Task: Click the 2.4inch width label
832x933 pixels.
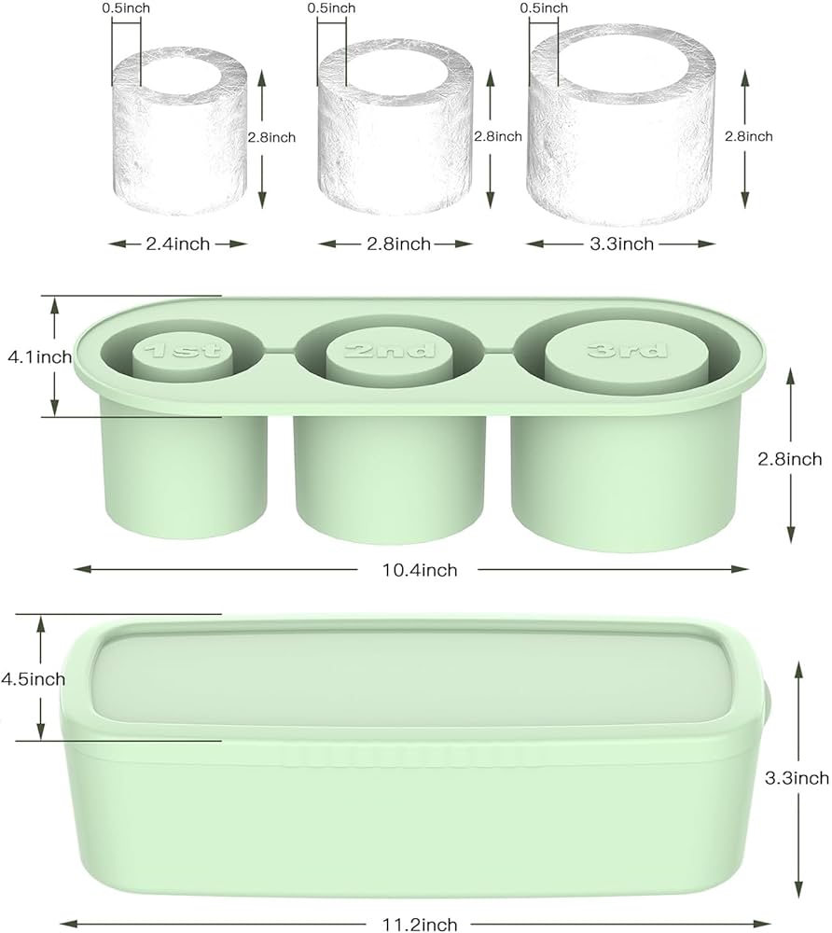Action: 178,244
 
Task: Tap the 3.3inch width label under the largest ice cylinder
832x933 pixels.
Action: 621,244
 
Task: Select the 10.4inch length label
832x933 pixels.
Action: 420,570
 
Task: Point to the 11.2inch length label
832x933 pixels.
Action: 420,924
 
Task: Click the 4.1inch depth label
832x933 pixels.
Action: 40,357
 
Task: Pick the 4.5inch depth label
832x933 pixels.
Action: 34,679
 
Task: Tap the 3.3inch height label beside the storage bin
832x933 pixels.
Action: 797,778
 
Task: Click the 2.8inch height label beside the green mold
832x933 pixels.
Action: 790,459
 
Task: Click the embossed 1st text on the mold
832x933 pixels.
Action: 183,350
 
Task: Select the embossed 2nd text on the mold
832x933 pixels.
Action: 390,349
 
